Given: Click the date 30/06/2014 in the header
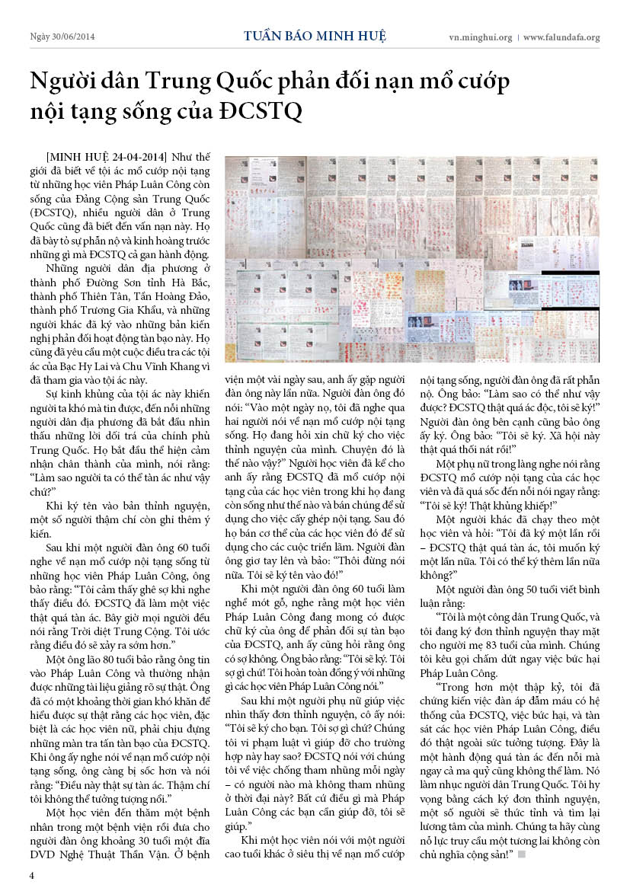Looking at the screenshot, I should point(75,37).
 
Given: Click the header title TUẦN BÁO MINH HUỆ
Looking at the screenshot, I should point(315,36).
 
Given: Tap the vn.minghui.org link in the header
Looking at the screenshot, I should point(479,37).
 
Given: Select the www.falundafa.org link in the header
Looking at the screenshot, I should point(561,37).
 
